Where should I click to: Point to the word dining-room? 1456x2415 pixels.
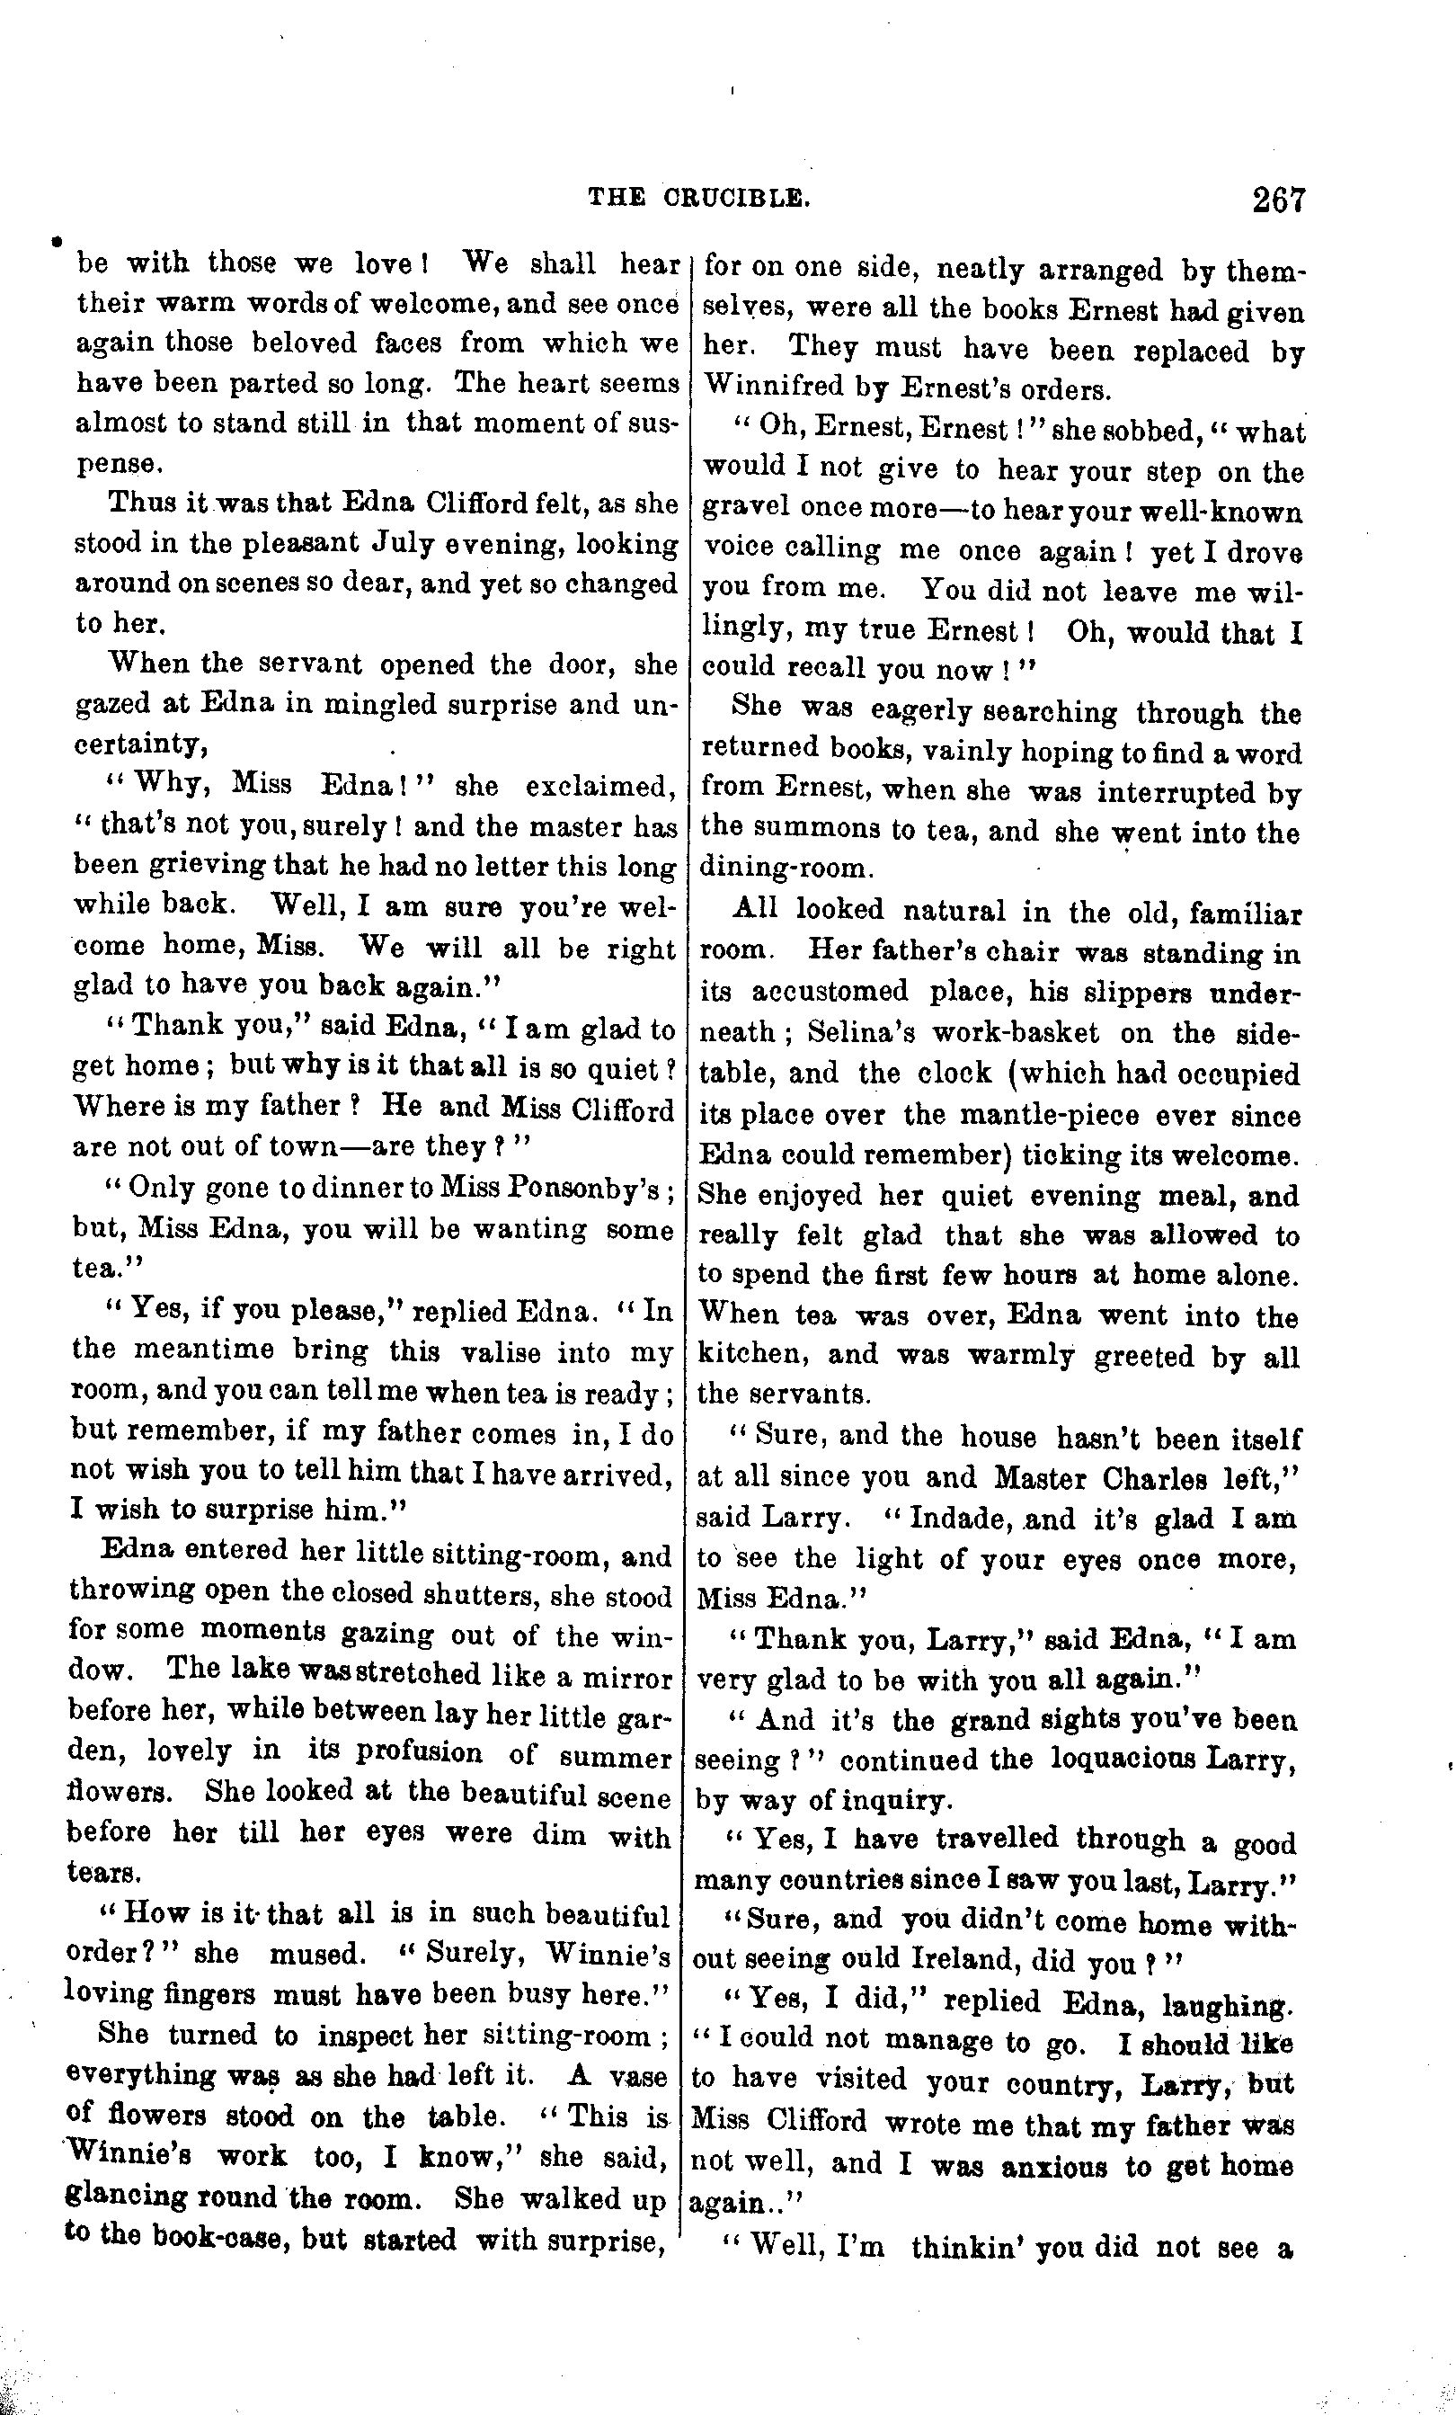pos(784,869)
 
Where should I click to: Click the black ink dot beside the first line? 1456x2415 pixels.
pos(57,240)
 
